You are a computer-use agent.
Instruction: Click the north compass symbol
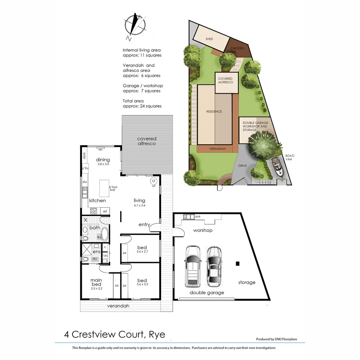pyautogui.click(x=135, y=25)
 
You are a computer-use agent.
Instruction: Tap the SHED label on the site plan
pyautogui.click(x=209, y=39)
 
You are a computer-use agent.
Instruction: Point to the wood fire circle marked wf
pyautogui.click(x=154, y=181)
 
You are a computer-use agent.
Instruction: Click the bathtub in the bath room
pyautogui.click(x=105, y=234)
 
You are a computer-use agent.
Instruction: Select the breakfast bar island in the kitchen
pyautogui.click(x=104, y=188)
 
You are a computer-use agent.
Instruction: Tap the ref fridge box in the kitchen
pyautogui.click(x=105, y=211)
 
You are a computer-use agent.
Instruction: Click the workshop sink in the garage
pyautogui.click(x=189, y=217)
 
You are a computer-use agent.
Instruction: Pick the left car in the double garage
pyautogui.click(x=193, y=266)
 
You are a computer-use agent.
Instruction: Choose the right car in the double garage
pyautogui.click(x=213, y=267)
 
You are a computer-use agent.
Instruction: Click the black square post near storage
pyautogui.click(x=238, y=264)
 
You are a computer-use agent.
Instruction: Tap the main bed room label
pyautogui.click(x=96, y=282)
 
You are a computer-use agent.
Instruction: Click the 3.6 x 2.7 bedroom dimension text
pyautogui.click(x=142, y=251)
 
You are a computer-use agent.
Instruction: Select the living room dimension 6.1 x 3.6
pyautogui.click(x=139, y=206)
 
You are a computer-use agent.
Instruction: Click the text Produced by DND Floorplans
pyautogui.click(x=276, y=339)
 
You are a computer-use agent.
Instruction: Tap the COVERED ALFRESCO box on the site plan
pyautogui.click(x=226, y=82)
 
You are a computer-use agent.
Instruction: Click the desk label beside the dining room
pyautogui.click(x=84, y=155)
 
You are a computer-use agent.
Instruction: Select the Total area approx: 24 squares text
pyautogui.click(x=142, y=103)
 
